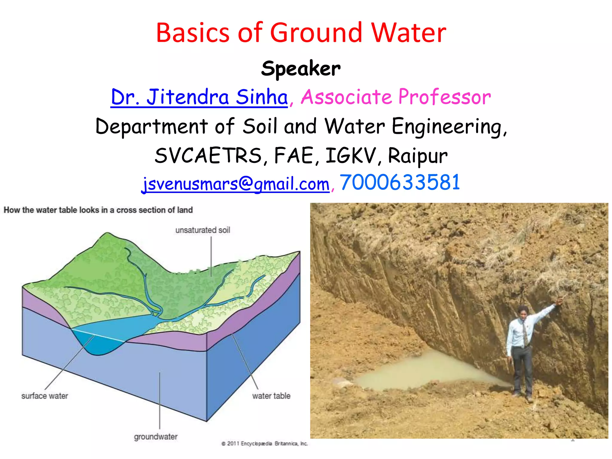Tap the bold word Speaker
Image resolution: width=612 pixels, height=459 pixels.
tap(301, 68)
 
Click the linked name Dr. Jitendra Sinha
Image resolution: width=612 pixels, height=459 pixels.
tap(199, 97)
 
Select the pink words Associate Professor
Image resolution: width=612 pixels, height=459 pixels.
tap(396, 97)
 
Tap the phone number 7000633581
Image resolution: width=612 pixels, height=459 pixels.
tap(400, 182)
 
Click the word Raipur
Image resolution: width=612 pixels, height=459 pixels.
tap(417, 156)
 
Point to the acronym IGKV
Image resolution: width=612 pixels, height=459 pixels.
tap(350, 156)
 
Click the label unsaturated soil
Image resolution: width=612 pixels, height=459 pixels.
tap(203, 230)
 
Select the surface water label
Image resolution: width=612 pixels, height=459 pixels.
tap(45, 396)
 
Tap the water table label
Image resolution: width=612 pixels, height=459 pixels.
tap(271, 396)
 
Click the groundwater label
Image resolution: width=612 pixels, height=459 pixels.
tap(155, 437)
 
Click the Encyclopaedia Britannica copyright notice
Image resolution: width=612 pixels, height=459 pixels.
tap(264, 443)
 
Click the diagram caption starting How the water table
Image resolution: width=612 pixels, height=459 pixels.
tap(98, 210)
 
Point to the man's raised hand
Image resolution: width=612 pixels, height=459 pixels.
tap(560, 301)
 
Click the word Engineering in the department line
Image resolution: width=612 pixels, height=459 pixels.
tap(449, 126)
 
